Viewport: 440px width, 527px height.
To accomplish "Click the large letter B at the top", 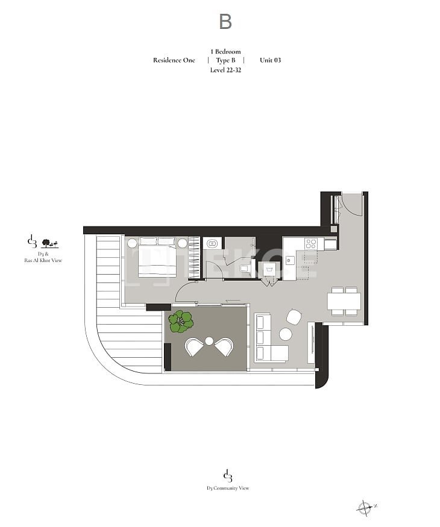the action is (225, 21).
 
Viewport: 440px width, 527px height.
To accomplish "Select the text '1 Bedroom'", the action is (225, 51).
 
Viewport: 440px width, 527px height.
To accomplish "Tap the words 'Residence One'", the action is (174, 60).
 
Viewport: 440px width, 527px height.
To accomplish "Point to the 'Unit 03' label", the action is (270, 60).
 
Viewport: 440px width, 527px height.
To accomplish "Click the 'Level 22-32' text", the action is (225, 70).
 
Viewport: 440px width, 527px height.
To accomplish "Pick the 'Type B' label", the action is (225, 60).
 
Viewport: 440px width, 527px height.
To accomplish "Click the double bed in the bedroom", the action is (157, 257).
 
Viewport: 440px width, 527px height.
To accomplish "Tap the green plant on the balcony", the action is (181, 322).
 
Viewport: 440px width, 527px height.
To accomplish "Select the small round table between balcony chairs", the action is (209, 341).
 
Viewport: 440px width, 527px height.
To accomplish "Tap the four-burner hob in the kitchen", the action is (310, 244).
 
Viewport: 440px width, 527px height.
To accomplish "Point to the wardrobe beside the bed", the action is (193, 257).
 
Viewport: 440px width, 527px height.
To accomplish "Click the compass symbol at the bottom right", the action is (365, 507).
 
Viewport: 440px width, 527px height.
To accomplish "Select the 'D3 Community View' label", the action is (228, 488).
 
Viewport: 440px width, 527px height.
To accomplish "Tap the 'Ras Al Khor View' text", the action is (43, 260).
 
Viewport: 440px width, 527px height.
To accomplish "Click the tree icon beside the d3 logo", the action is (50, 243).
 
